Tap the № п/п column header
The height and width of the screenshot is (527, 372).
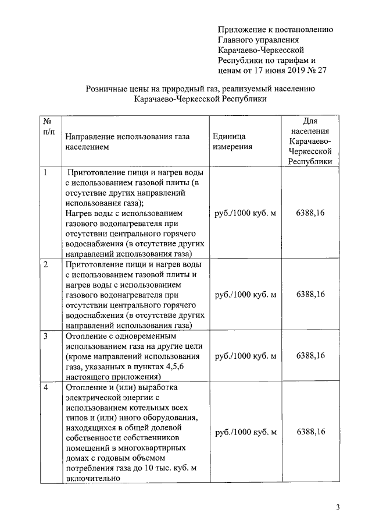pos(48,128)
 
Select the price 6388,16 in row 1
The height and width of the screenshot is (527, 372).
pos(310,213)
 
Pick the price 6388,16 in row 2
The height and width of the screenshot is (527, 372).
pos(310,294)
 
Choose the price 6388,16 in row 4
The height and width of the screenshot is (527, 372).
pos(310,431)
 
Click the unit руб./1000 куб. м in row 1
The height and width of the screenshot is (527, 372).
pos(245,213)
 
